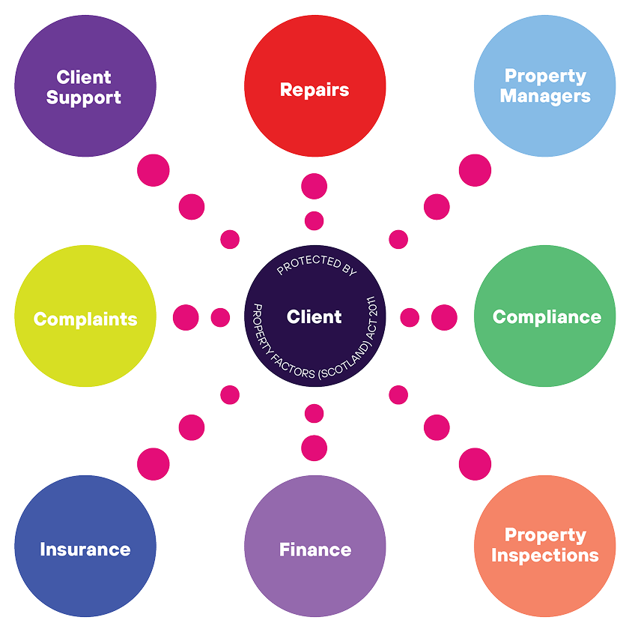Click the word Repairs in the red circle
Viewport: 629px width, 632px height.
click(314, 90)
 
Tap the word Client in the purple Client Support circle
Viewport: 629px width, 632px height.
click(84, 77)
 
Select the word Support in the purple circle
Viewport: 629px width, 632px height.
click(84, 98)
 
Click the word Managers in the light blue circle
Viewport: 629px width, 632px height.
click(545, 97)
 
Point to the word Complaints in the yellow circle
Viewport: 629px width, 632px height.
click(85, 319)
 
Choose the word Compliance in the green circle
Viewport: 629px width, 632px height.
click(547, 317)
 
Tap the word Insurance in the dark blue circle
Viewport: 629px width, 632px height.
click(85, 550)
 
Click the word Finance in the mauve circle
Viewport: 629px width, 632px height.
click(314, 550)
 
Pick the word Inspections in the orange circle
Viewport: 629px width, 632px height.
click(545, 556)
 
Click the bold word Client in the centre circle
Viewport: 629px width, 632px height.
click(314, 317)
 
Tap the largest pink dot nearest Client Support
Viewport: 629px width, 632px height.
click(154, 170)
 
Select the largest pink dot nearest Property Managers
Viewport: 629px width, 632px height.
click(475, 170)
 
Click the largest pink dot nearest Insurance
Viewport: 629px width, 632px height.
click(154, 464)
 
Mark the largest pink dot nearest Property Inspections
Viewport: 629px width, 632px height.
click(475, 464)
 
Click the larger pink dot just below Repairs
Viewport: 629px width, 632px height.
click(314, 187)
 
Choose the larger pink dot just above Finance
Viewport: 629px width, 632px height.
click(314, 448)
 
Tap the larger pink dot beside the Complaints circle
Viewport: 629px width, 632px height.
click(186, 318)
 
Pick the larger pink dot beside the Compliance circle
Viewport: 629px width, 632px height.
click(444, 318)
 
